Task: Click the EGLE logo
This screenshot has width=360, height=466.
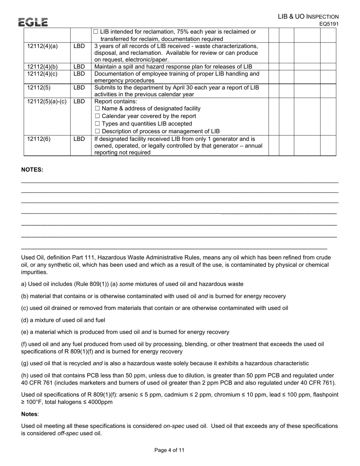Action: [33, 22]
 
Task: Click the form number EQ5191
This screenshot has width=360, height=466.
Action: [329, 24]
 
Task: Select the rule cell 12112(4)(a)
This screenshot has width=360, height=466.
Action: [42, 46]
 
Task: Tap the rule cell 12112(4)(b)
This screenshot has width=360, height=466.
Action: [42, 67]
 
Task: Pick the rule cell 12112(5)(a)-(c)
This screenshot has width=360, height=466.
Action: [47, 102]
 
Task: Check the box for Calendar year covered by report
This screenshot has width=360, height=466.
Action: [97, 116]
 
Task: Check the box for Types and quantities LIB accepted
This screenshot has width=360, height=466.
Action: [97, 124]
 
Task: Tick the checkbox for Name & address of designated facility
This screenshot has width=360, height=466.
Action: [97, 108]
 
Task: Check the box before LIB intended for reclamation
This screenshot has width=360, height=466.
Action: [95, 31]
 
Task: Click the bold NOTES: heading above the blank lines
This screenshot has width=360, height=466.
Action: [32, 170]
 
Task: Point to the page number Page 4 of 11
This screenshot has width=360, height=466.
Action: [169, 450]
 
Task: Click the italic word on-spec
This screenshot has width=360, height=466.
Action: [174, 426]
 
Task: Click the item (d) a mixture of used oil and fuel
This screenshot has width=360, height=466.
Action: [63, 320]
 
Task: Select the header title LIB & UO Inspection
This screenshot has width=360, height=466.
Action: [308, 17]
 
